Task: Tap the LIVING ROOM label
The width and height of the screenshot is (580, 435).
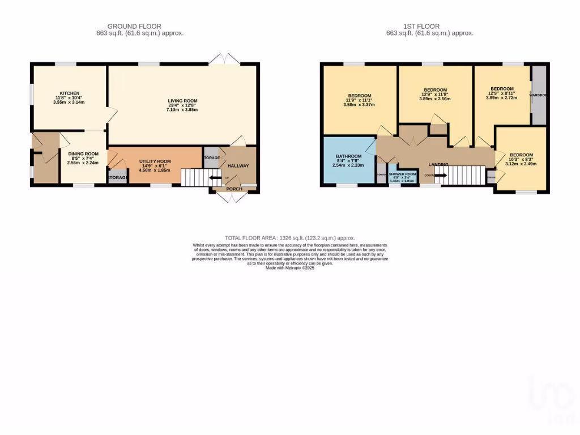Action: coord(182,101)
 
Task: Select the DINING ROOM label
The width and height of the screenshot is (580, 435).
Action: coord(83,153)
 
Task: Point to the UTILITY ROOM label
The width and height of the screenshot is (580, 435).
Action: coord(155,161)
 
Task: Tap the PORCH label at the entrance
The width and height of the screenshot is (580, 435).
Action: coord(234,189)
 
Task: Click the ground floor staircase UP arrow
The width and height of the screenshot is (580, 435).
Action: coord(216,180)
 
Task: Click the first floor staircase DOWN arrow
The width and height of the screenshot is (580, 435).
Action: coord(441,175)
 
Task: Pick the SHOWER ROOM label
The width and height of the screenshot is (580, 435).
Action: coord(402,174)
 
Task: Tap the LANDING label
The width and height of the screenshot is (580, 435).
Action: coord(438,165)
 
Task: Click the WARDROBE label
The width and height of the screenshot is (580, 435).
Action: coord(539,95)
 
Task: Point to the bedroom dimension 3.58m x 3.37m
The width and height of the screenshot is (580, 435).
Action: coord(360,105)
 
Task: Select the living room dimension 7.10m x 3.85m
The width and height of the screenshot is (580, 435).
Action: coord(182,109)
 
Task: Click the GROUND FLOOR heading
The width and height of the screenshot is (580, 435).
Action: coord(134,26)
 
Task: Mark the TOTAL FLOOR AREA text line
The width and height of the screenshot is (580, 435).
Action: coord(289,238)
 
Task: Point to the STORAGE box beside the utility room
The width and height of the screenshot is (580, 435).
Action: coord(117,177)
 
